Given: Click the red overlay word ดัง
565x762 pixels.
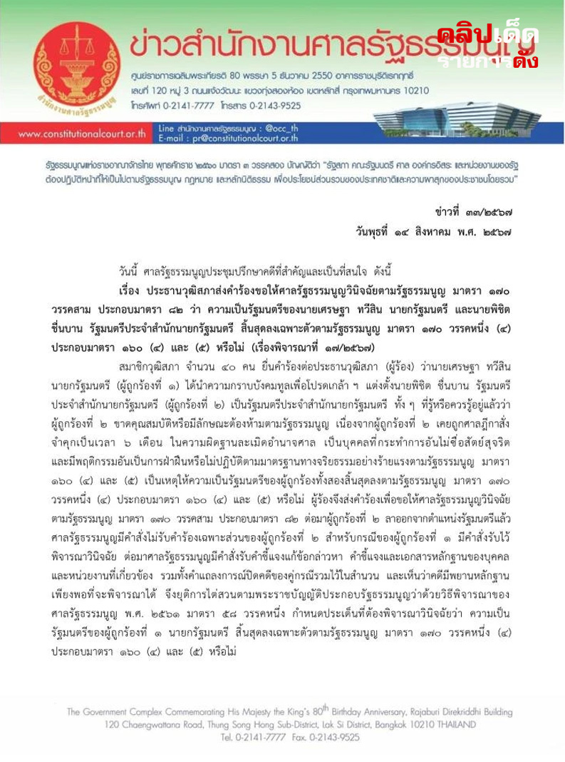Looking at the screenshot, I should pyautogui.click(x=524, y=60).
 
